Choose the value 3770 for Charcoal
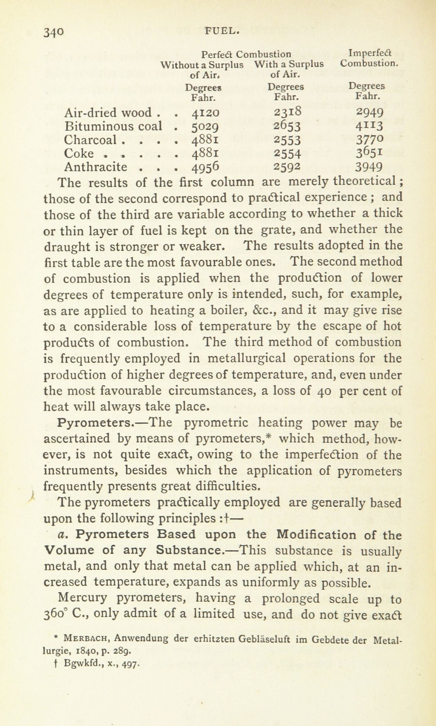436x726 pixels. tap(369, 139)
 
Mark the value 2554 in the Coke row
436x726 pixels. tap(287, 153)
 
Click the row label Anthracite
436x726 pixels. tap(95, 166)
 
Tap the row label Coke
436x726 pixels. tap(79, 153)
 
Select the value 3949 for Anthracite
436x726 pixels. tap(369, 167)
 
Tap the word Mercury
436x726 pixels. tap(83, 599)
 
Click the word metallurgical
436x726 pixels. tap(247, 358)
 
